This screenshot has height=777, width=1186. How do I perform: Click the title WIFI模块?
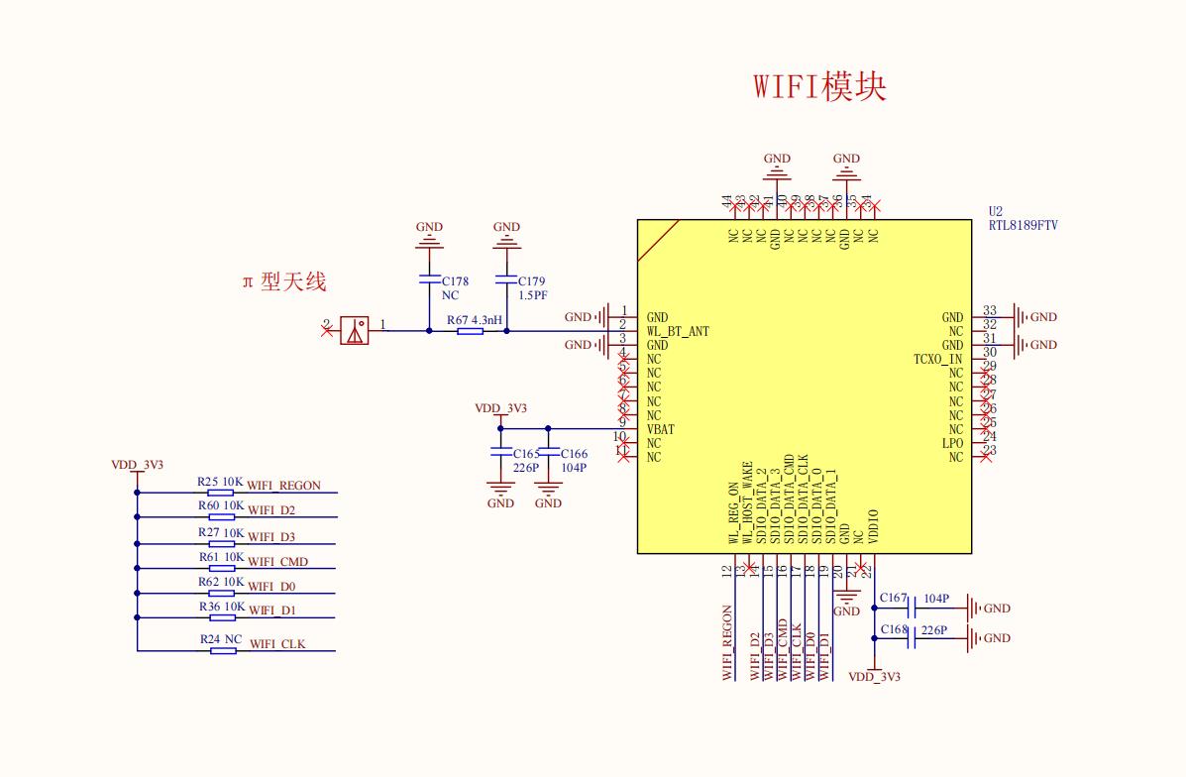click(818, 87)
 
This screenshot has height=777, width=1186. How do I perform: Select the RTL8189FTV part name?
click(1023, 226)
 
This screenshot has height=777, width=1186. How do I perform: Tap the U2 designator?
click(996, 212)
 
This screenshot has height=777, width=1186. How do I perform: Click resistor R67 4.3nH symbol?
click(471, 331)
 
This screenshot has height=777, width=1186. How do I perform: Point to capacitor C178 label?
click(456, 281)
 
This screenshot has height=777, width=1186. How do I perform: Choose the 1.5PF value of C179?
click(532, 295)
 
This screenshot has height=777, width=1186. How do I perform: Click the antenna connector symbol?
click(354, 330)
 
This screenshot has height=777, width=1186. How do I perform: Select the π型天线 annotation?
click(284, 282)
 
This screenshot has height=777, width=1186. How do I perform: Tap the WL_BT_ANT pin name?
click(677, 331)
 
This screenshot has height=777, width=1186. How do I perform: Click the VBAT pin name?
click(660, 430)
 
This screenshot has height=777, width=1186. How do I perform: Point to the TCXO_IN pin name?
click(937, 359)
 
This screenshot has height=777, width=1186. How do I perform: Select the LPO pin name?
click(952, 443)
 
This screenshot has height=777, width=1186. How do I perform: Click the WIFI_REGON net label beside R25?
click(284, 486)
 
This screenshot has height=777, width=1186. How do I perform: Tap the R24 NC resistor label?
click(221, 639)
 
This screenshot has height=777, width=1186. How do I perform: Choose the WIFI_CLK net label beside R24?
click(277, 644)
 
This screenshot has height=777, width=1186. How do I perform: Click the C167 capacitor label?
click(893, 599)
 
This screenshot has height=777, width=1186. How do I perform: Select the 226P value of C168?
click(934, 630)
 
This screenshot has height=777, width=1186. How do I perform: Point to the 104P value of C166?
click(574, 468)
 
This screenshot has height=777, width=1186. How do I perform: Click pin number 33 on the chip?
click(989, 311)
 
